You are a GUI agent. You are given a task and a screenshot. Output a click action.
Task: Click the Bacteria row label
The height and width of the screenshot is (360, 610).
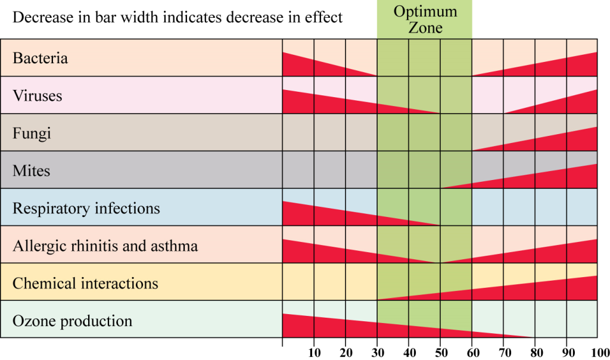40,58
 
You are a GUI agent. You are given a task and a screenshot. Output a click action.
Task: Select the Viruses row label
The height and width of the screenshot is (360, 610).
37,95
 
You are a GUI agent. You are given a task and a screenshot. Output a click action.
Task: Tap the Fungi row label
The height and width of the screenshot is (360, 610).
32,133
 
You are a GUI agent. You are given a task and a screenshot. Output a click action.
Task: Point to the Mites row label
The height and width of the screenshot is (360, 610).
31,171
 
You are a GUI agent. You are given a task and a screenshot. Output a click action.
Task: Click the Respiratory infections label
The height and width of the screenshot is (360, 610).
86,209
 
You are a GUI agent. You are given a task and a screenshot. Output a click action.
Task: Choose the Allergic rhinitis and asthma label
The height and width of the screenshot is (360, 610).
105,246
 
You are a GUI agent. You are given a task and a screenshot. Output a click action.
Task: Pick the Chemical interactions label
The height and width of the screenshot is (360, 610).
85,283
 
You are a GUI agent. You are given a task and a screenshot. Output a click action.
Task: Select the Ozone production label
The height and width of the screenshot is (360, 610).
72,321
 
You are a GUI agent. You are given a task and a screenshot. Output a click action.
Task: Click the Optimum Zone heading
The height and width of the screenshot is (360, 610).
425,20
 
